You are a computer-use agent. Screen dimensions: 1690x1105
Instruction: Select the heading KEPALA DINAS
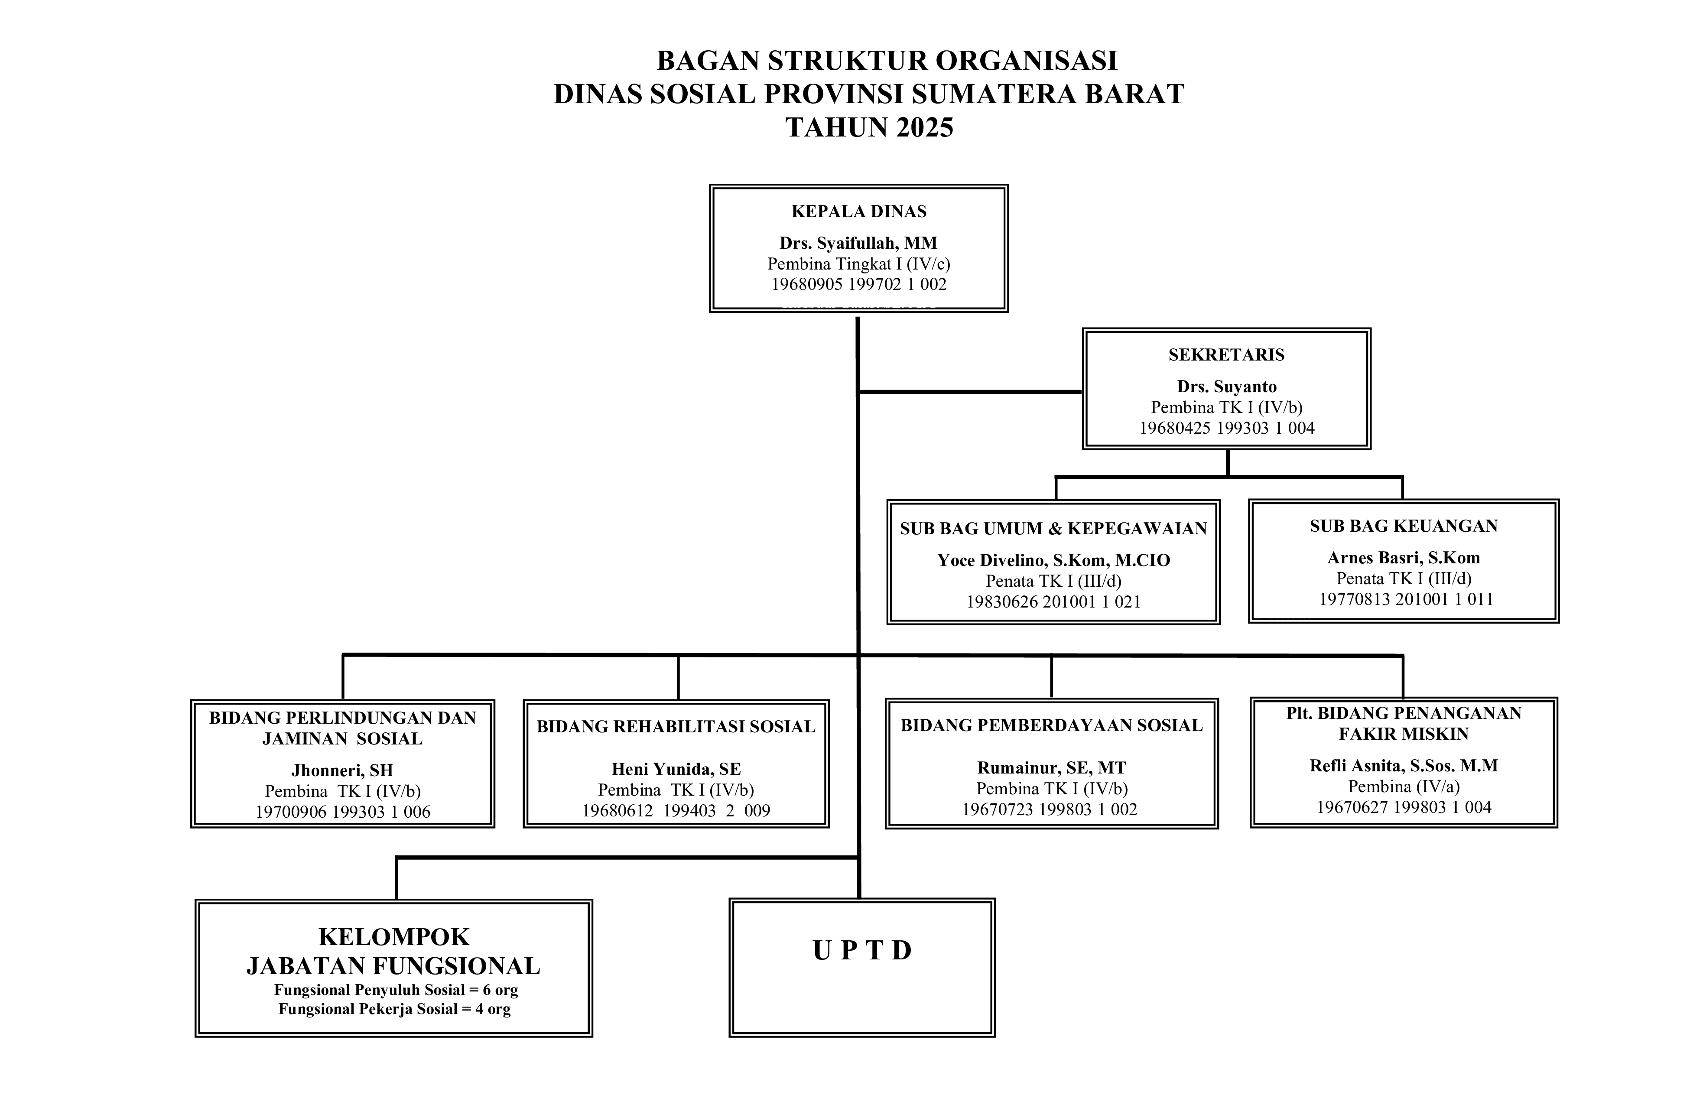[858, 211]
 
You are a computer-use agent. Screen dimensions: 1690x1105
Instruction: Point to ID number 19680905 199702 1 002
[858, 285]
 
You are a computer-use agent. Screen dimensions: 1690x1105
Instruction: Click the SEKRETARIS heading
[1226, 355]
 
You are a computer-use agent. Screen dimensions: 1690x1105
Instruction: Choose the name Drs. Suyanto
[1226, 387]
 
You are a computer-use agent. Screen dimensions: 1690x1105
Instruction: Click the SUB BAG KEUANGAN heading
[1403, 526]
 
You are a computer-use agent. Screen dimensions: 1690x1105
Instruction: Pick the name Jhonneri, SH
[342, 770]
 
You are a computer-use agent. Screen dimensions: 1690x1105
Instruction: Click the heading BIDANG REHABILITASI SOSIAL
[676, 727]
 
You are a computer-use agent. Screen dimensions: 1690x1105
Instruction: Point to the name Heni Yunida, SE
[676, 769]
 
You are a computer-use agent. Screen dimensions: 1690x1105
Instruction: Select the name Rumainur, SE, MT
[1052, 768]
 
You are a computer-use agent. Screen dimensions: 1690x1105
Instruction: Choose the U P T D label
[862, 950]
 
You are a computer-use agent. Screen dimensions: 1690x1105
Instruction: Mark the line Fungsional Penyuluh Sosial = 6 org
[396, 990]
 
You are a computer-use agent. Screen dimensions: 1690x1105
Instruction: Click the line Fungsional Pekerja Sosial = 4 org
[394, 1009]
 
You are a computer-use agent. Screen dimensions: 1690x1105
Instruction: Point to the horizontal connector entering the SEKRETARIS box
[970, 391]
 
